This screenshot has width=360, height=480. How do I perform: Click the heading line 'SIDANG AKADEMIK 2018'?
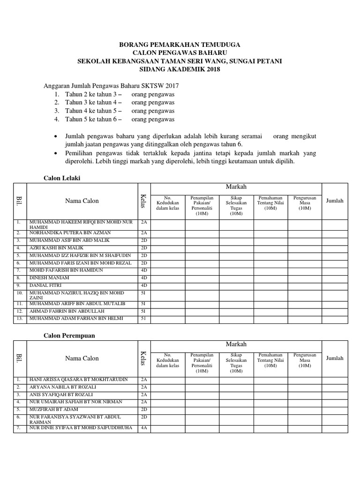[x=180, y=69]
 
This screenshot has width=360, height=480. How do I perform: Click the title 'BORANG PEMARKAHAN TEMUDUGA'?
[x=180, y=44]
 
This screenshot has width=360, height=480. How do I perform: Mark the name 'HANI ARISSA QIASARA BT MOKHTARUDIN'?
[x=78, y=379]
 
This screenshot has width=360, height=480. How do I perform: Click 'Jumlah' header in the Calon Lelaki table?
[x=335, y=201]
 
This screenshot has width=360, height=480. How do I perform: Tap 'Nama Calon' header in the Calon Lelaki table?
[x=82, y=201]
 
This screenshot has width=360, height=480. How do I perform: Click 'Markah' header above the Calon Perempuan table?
[x=236, y=345]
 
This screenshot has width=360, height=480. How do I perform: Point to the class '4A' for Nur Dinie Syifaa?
[x=144, y=427]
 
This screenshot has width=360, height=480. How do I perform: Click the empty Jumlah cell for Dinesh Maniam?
[x=335, y=278]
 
